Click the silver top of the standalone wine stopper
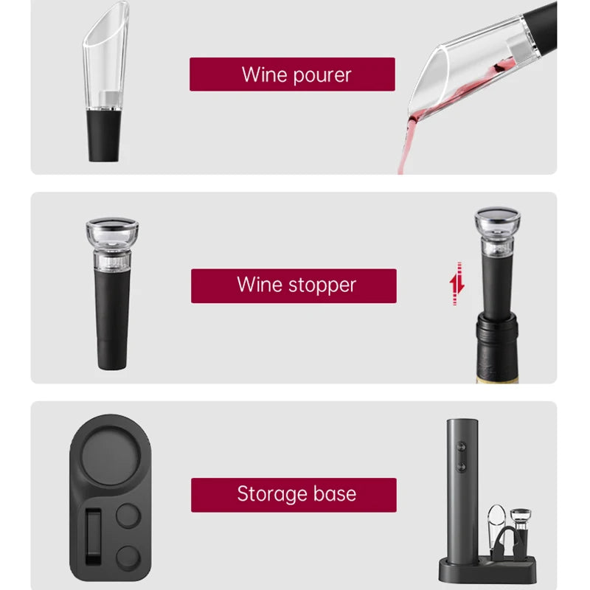click(111, 225)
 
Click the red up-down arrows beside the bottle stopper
click(458, 283)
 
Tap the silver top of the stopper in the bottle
click(496, 217)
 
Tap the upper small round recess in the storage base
click(128, 516)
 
